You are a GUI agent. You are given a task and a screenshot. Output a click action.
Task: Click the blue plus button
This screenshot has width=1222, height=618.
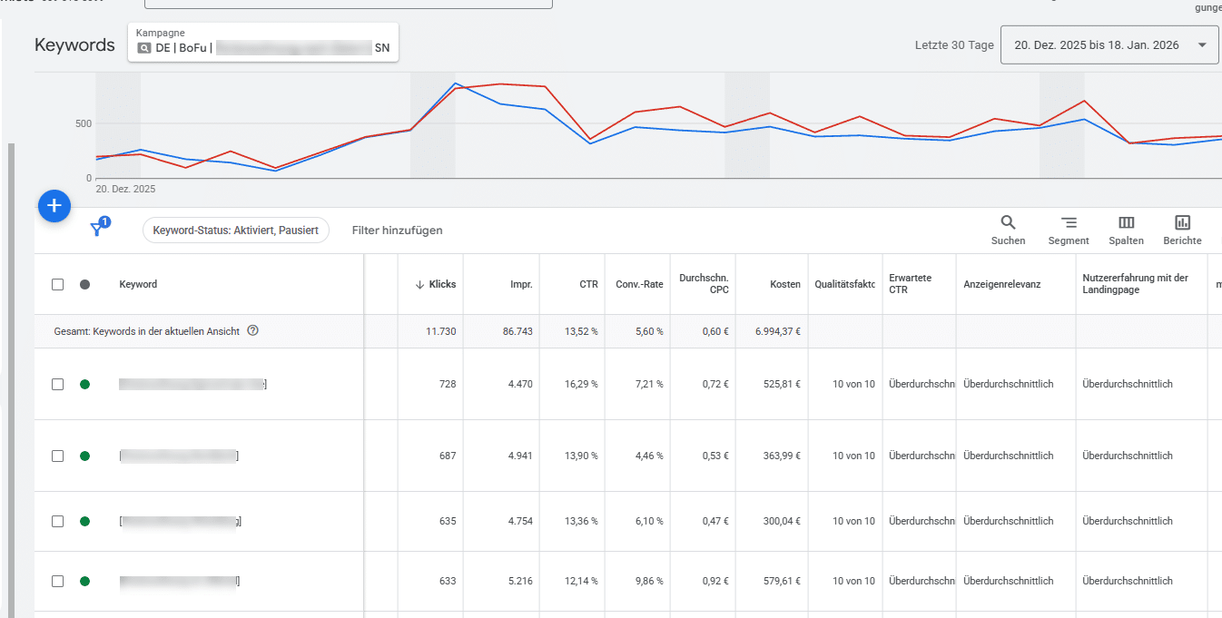point(54,206)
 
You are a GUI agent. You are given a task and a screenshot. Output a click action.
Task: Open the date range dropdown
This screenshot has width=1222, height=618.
point(1109,45)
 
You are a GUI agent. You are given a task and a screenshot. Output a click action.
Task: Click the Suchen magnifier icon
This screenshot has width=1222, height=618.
point(1008,222)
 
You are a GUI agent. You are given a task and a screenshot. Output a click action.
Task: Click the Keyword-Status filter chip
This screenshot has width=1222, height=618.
point(235,231)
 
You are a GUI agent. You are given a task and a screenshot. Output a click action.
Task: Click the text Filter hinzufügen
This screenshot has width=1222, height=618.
point(397,231)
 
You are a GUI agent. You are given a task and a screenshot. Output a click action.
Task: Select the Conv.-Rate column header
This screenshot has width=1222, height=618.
point(639,284)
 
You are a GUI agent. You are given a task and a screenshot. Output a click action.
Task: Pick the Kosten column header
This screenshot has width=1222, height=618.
point(784,284)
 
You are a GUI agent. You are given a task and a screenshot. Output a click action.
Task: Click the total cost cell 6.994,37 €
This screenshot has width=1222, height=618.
point(777,331)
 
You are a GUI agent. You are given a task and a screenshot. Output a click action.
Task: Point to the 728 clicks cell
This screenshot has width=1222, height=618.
point(447,384)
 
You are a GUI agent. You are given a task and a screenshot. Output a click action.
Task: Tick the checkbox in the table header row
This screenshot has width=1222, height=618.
point(58,284)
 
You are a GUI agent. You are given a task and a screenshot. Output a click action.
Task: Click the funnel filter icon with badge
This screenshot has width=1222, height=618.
point(98,230)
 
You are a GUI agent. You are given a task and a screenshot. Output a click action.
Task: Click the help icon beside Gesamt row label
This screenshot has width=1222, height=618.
point(253,331)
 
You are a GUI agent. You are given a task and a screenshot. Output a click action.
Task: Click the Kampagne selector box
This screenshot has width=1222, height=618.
point(263,43)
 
